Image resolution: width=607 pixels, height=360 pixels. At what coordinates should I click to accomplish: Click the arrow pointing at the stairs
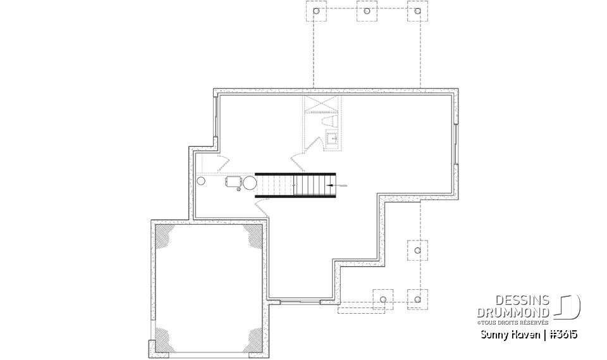tap(338, 185)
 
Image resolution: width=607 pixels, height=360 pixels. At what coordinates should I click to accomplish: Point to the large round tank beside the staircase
tap(249, 183)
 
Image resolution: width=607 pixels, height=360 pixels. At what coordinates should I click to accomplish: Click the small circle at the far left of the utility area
tap(202, 181)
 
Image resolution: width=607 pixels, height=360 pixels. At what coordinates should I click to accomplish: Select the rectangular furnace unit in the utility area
tap(233, 182)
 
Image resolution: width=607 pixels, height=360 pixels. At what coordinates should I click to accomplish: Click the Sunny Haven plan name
tap(506, 333)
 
